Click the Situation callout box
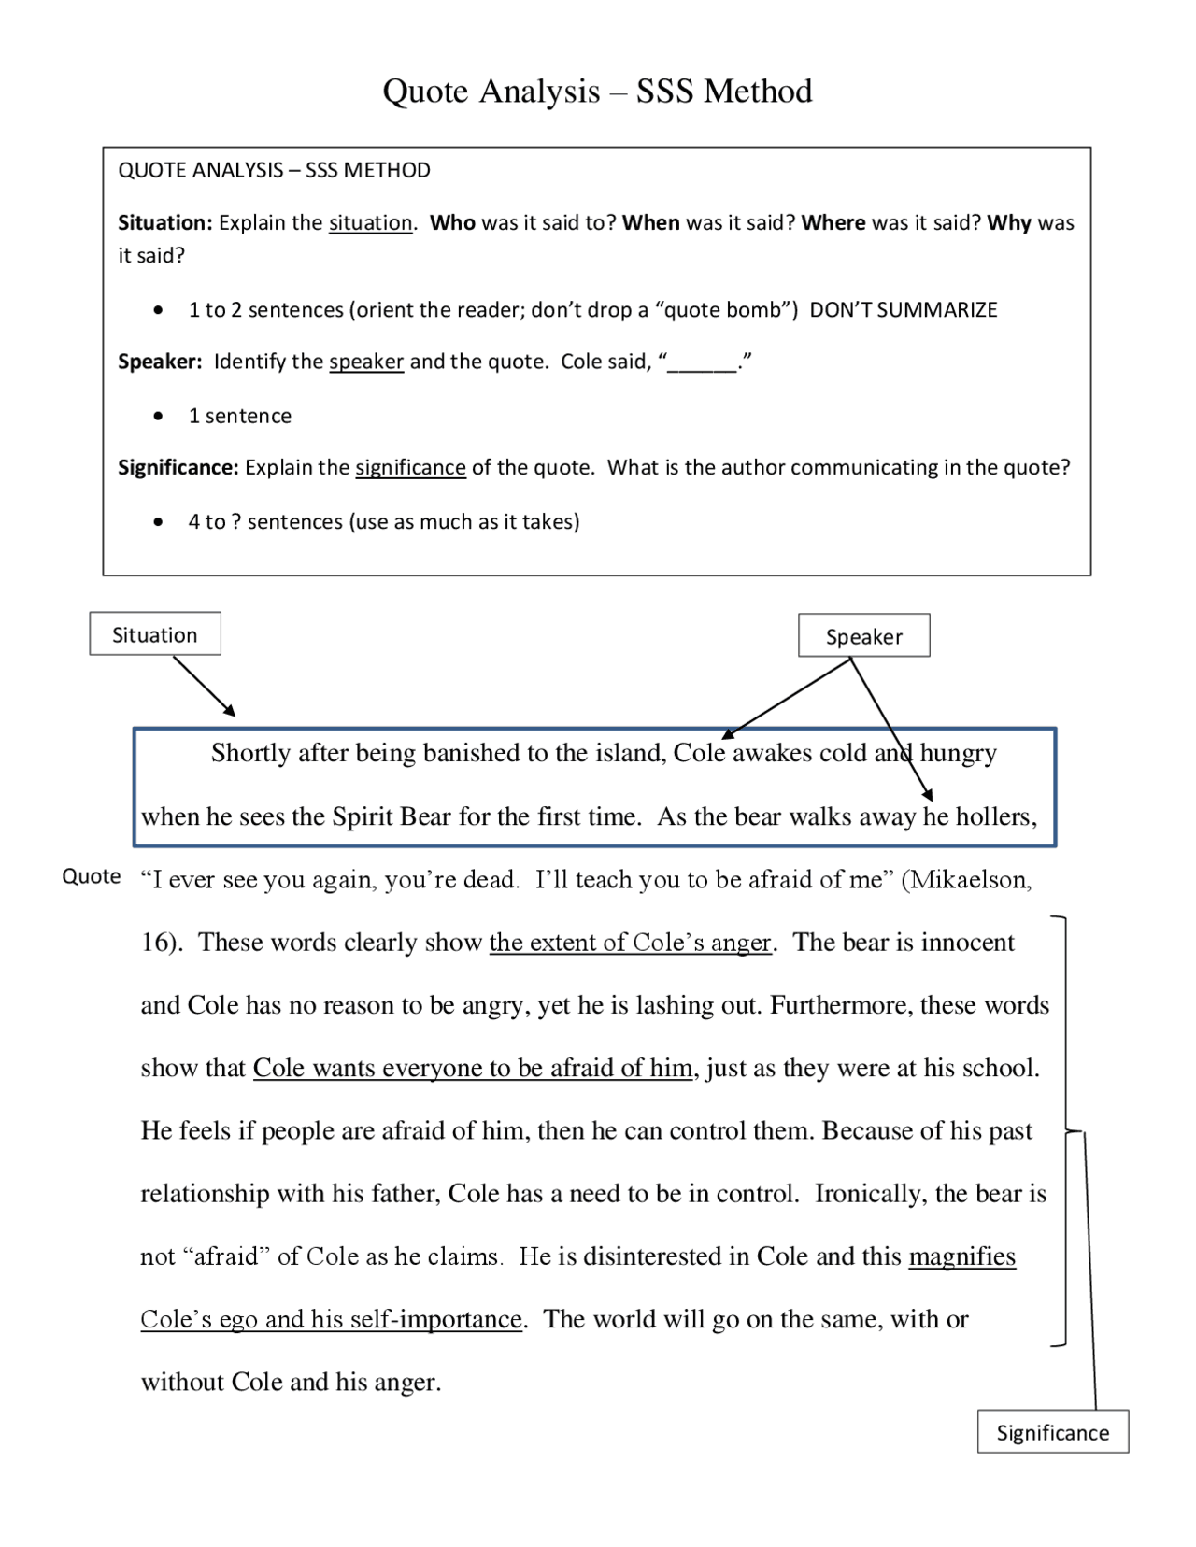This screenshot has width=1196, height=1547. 155,634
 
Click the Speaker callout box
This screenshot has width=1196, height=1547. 863,636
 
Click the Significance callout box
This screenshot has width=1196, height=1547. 1052,1432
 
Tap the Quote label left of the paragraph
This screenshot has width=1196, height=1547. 91,876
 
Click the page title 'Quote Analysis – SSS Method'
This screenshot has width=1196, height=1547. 597,92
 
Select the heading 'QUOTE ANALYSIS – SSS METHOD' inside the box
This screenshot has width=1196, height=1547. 274,170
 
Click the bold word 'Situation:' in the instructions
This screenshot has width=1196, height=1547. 165,222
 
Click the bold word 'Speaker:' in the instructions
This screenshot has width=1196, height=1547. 160,362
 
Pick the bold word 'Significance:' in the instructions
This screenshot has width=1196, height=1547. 178,467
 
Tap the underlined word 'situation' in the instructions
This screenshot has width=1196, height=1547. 370,222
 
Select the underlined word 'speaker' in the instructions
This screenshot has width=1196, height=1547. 366,362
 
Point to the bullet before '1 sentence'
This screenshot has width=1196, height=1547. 159,416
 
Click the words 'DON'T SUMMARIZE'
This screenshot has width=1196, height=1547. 903,309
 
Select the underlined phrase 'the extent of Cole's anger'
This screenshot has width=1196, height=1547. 631,942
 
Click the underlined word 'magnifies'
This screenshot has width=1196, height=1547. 961,1256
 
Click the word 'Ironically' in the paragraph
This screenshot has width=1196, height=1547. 866,1193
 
